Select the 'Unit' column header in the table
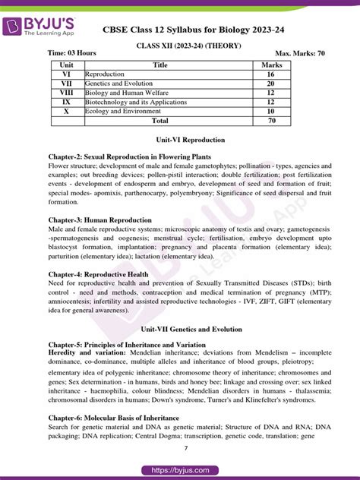click(66, 65)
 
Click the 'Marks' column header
click(271, 65)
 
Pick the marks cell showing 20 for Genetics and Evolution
click(271, 84)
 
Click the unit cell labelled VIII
click(66, 93)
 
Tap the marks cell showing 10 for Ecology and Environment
click(271, 111)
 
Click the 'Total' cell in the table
click(160, 120)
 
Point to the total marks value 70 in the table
click(271, 120)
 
